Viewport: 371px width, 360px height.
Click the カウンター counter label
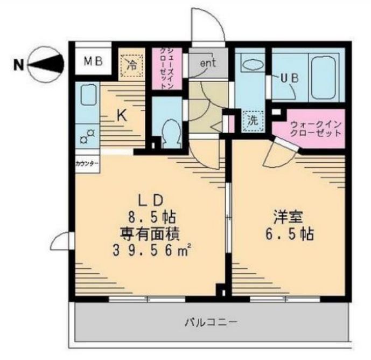(x=87, y=162)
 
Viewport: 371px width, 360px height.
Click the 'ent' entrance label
(x=208, y=63)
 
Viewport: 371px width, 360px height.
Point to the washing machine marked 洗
(x=252, y=121)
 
